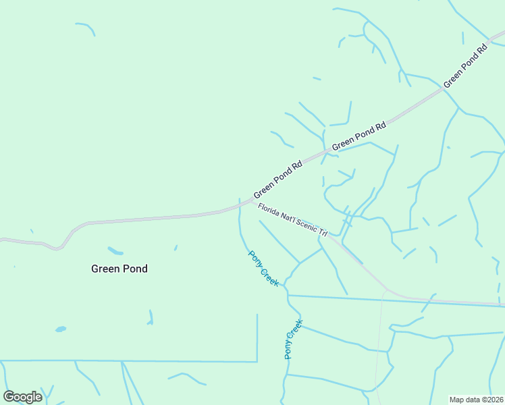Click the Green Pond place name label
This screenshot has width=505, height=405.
pos(119,269)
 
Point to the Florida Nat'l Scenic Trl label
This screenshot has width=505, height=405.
pos(292,219)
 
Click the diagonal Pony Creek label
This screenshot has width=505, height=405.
pos(263,269)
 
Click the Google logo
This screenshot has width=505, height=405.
pos(22,396)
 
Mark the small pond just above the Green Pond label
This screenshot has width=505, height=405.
pos(115,251)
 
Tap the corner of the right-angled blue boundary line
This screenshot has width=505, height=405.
pos(257,360)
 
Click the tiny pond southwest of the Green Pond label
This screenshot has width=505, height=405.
pos(61,329)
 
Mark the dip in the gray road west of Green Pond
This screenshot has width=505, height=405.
pos(58,248)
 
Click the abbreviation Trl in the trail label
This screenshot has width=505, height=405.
pos(323,233)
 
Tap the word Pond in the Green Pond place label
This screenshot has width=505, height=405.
pos(134,269)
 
